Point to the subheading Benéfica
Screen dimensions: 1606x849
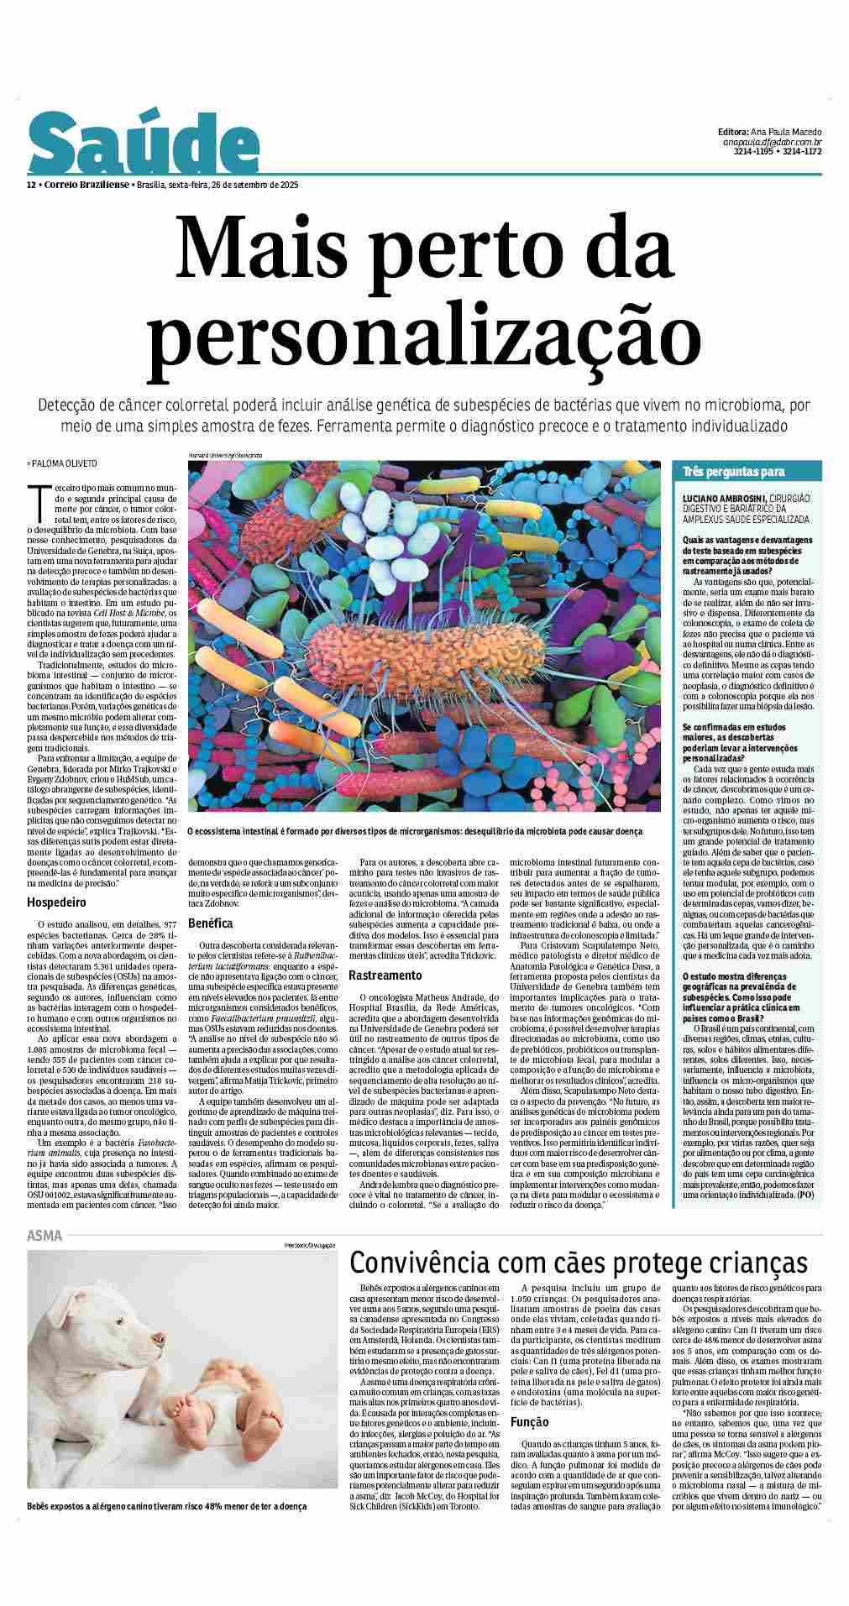coord(211,923)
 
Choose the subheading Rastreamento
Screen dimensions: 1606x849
coord(385,976)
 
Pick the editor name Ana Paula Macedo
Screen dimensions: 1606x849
coord(782,133)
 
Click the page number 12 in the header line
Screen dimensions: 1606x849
coord(30,185)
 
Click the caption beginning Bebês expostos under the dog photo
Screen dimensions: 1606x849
coord(166,1530)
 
